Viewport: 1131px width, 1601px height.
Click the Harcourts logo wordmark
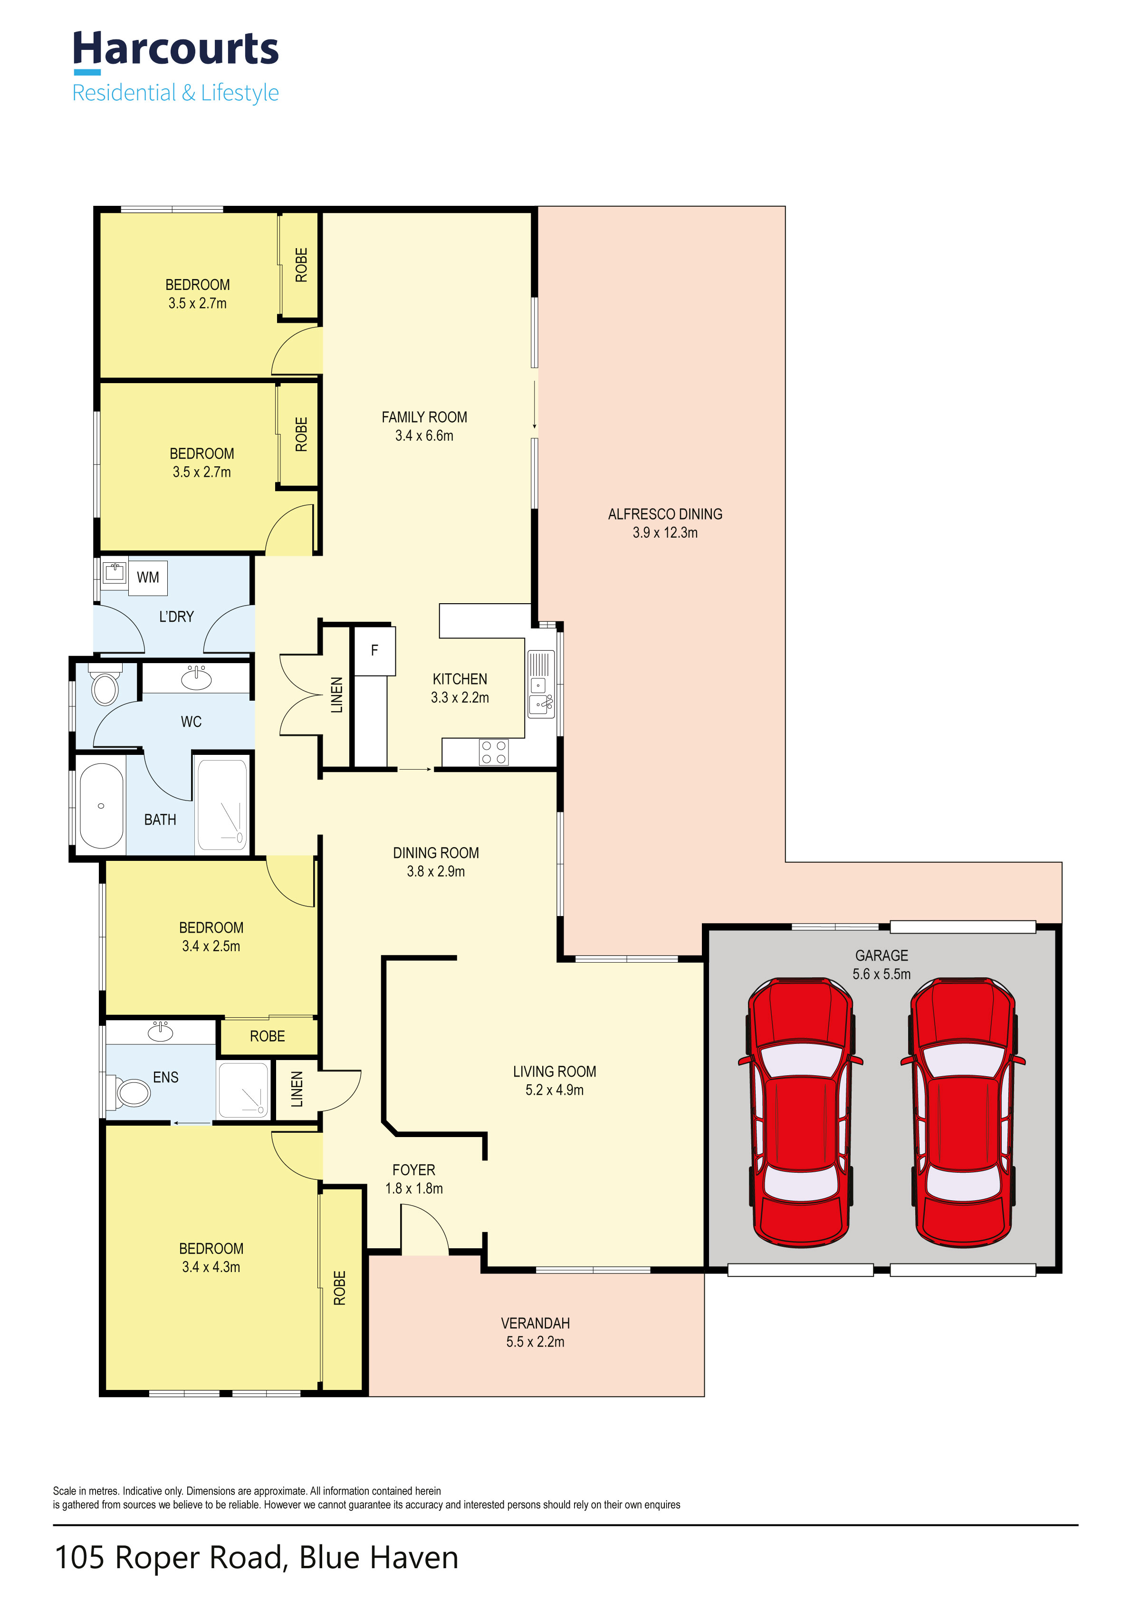pos(176,50)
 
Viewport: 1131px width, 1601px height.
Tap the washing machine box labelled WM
pos(148,578)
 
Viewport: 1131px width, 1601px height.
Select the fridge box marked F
pos(374,651)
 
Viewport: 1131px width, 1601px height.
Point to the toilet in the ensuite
pos(130,1092)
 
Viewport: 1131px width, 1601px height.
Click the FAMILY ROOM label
pos(424,417)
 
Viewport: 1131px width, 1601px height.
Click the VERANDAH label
pos(535,1323)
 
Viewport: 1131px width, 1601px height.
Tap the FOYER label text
pos(413,1169)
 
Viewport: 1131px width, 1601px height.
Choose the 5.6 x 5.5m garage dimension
pos(882,974)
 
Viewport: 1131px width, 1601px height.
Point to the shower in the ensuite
pos(243,1090)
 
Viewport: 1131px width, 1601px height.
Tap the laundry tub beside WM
pos(114,573)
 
